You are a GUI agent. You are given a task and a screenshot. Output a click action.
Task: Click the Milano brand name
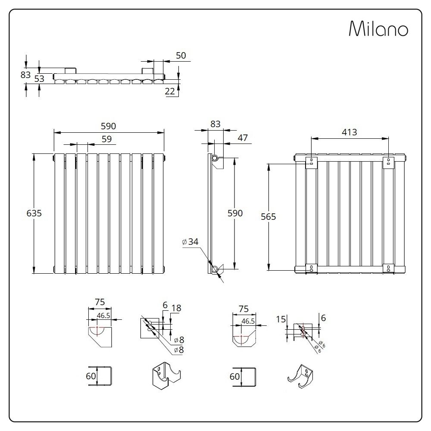pyautogui.click(x=378, y=29)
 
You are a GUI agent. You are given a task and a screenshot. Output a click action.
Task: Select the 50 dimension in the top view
pyautogui.click(x=181, y=55)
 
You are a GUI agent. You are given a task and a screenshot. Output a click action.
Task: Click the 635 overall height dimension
pyautogui.click(x=34, y=213)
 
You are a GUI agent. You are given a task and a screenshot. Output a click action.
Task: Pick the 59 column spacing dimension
pyautogui.click(x=106, y=139)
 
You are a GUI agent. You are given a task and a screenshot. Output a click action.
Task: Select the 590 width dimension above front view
pyautogui.click(x=109, y=126)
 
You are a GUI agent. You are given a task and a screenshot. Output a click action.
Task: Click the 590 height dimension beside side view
pyautogui.click(x=235, y=213)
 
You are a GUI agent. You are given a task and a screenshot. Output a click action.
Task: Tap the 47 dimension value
pyautogui.click(x=242, y=137)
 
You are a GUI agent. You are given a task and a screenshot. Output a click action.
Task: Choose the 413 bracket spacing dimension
pyautogui.click(x=349, y=132)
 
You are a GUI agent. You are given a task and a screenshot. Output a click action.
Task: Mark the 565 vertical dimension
pyautogui.click(x=268, y=217)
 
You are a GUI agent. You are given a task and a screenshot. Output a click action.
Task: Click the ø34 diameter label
pyautogui.click(x=190, y=242)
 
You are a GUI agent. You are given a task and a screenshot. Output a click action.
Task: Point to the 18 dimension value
pyautogui.click(x=176, y=308)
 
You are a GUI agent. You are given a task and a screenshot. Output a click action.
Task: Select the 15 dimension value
pyautogui.click(x=281, y=319)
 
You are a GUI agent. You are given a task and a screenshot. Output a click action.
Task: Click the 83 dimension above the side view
pyautogui.click(x=215, y=124)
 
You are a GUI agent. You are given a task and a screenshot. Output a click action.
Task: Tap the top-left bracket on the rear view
pyautogui.click(x=311, y=162)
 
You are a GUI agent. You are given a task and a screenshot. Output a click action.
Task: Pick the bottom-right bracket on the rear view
pyautogui.click(x=389, y=268)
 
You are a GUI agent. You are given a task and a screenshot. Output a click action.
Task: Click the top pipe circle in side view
pyautogui.click(x=215, y=158)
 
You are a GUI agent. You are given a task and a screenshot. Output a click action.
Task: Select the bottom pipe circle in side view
pyautogui.click(x=215, y=269)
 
